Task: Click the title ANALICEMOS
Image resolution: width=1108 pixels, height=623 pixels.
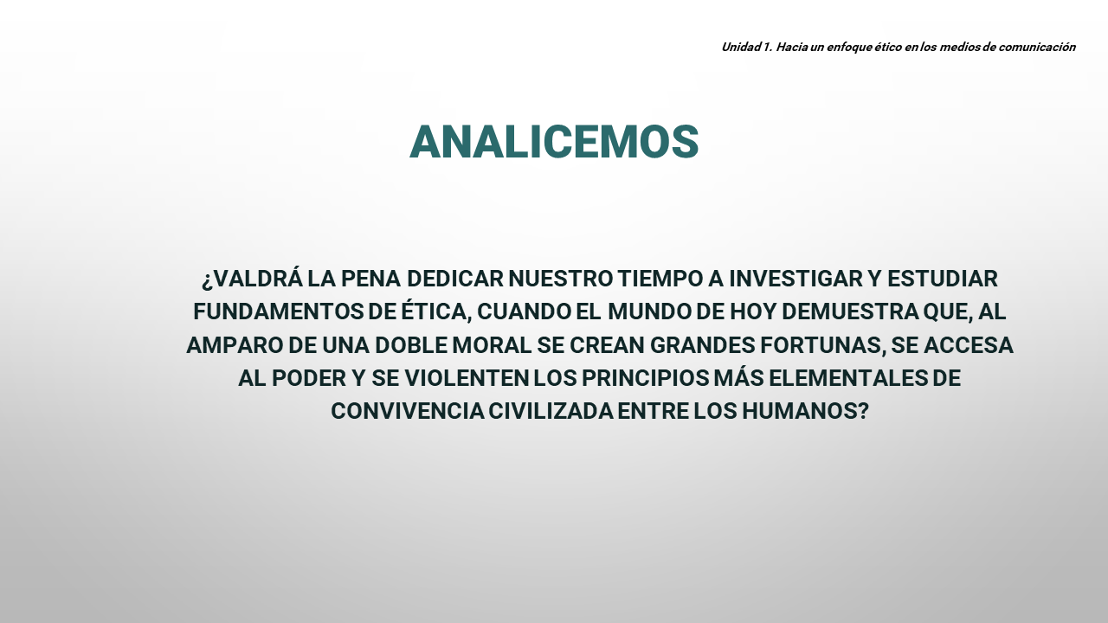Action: tap(554, 142)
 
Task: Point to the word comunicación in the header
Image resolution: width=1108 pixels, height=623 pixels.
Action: tap(1037, 47)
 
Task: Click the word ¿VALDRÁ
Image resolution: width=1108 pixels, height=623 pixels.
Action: tap(252, 279)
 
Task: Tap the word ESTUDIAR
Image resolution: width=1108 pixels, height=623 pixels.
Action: tap(943, 279)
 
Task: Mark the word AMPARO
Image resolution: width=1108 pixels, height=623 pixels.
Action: tap(235, 345)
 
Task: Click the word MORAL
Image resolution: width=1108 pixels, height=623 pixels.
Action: tap(492, 345)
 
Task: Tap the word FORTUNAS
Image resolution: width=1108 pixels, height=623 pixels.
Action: tap(822, 346)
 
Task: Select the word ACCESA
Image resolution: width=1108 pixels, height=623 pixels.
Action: tap(968, 345)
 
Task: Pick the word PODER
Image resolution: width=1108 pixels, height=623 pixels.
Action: tap(309, 378)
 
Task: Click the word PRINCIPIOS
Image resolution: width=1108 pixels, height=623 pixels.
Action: tap(646, 378)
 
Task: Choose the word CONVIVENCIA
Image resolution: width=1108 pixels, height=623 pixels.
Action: tap(408, 411)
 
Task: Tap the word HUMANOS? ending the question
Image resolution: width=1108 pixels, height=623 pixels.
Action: tap(805, 411)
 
